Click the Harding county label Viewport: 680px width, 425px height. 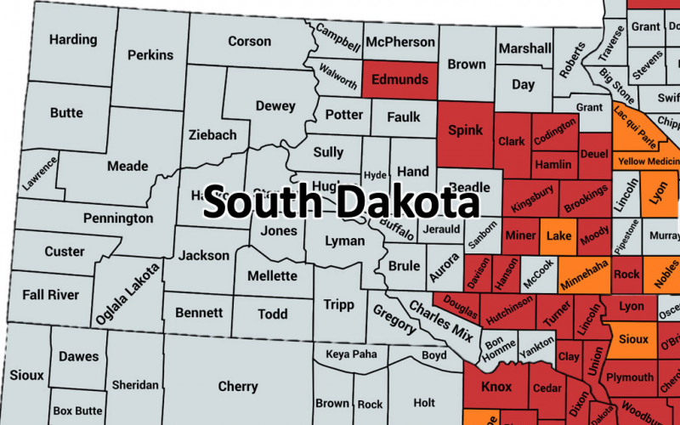[x=72, y=39]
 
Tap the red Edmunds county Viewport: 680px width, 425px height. [x=400, y=79]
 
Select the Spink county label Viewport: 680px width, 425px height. [x=465, y=130]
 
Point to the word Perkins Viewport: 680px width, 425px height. [x=150, y=54]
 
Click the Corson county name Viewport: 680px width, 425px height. [x=250, y=41]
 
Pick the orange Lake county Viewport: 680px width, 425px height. [x=558, y=235]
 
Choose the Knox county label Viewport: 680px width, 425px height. [x=496, y=387]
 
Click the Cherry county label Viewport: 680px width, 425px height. [x=238, y=387]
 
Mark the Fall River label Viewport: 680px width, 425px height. [x=51, y=294]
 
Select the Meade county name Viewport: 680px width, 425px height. [x=127, y=166]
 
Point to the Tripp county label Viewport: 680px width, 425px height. [x=338, y=304]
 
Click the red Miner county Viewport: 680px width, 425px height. [x=520, y=235]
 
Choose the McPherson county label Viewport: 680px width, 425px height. [x=401, y=41]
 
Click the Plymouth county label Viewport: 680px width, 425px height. [x=630, y=377]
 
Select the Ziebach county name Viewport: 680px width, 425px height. [x=212, y=135]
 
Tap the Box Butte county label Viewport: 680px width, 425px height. [x=77, y=411]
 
